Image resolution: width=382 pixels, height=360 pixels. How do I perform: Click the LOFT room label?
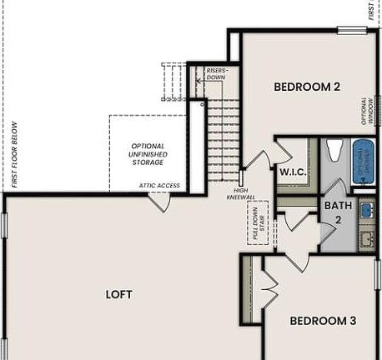pyautogui.click(x=118, y=294)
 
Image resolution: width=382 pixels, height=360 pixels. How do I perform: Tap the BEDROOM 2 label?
pyautogui.click(x=307, y=86)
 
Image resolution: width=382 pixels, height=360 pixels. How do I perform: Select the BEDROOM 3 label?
pyautogui.click(x=323, y=320)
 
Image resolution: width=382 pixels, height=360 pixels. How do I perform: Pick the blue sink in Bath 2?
pyautogui.click(x=367, y=211)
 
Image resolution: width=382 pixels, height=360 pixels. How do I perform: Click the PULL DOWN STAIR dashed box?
pyautogui.click(x=257, y=224)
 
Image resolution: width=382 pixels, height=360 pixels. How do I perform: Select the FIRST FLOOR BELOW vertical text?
pyautogui.click(x=15, y=155)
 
